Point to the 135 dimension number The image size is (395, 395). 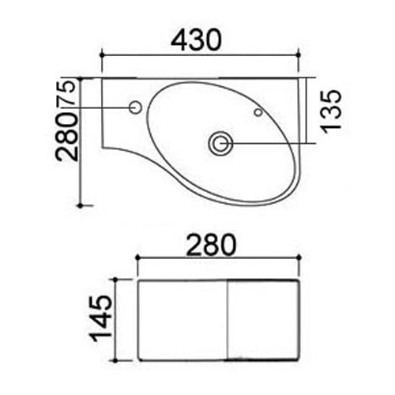(x=333, y=110)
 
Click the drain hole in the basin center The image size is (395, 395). (x=220, y=143)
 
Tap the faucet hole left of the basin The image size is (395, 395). (x=134, y=107)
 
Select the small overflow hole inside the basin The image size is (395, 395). (x=258, y=113)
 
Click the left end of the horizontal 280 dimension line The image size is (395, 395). (x=137, y=258)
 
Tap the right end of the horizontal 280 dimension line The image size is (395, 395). (x=301, y=258)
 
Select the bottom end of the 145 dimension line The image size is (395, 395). (x=117, y=359)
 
